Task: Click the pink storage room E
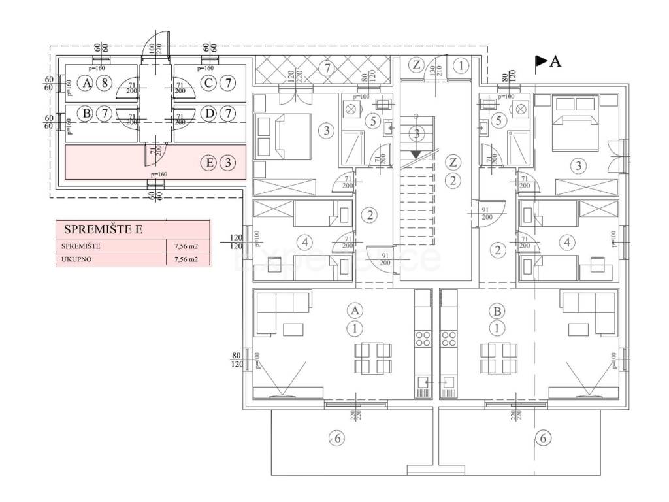[155, 163]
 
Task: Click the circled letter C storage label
[208, 83]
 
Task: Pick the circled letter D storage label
[208, 114]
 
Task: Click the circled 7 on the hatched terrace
[327, 67]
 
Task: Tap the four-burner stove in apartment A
[423, 339]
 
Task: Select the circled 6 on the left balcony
[336, 439]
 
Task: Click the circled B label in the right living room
[498, 309]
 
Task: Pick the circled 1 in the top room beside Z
[461, 65]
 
